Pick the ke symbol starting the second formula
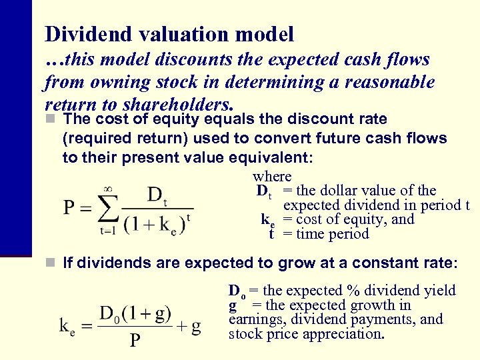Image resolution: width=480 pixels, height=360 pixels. (67, 325)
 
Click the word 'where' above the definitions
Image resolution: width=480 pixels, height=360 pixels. (272, 177)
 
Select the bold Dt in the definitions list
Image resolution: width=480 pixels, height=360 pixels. (264, 191)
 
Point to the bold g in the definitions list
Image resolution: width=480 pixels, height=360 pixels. (233, 305)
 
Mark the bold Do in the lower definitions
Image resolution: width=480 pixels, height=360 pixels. (237, 291)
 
